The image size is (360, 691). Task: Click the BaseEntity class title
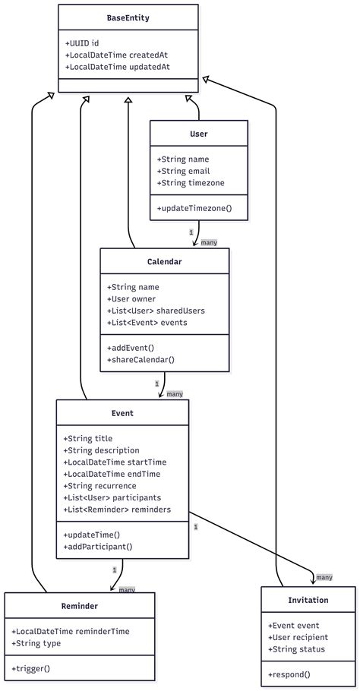(x=128, y=18)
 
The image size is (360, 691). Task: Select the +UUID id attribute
(x=81, y=43)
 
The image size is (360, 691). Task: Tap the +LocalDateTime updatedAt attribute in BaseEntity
(x=118, y=67)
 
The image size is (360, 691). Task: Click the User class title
(x=199, y=134)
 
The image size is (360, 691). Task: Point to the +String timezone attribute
(x=191, y=183)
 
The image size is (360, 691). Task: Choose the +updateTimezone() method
(x=194, y=207)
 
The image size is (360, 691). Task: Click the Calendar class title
(x=164, y=261)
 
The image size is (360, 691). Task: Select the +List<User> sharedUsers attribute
(x=156, y=311)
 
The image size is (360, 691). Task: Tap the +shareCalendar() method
(x=141, y=359)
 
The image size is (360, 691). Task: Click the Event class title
(x=122, y=413)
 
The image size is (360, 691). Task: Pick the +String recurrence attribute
(x=100, y=486)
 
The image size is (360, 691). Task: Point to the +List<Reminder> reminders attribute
(x=117, y=510)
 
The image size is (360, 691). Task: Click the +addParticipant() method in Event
(x=98, y=547)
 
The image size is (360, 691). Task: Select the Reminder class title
(x=79, y=606)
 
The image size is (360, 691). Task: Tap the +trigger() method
(x=31, y=668)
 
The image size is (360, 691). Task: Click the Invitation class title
(x=308, y=600)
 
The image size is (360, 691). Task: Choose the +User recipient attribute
(x=298, y=637)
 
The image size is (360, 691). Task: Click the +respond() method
(x=289, y=674)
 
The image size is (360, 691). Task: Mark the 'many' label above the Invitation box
(x=324, y=577)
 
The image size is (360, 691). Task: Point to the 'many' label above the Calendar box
(x=209, y=242)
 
